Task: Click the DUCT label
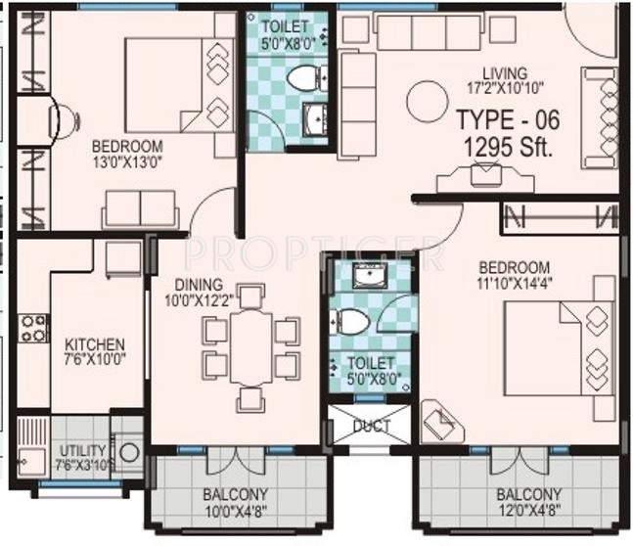[371, 427]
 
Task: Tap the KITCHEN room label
[94, 344]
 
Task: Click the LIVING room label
[504, 73]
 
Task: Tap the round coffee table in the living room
[427, 101]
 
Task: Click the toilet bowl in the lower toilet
[351, 320]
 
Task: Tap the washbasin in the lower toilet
[369, 275]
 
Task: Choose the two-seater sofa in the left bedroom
[141, 208]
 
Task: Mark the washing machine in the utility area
[127, 453]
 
